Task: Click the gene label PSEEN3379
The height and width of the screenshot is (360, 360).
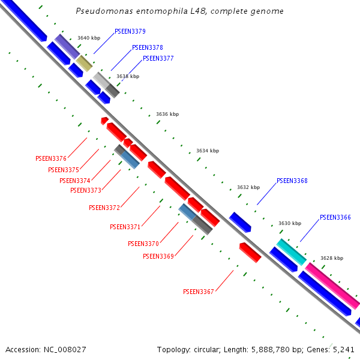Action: (130, 31)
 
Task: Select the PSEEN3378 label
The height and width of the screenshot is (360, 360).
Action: (147, 47)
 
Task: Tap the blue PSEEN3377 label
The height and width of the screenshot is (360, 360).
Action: (158, 58)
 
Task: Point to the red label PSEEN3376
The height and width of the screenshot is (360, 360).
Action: (51, 158)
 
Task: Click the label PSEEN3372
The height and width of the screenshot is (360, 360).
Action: (104, 208)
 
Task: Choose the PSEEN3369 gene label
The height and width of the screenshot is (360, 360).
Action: (158, 256)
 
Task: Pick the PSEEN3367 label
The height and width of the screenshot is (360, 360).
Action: (199, 292)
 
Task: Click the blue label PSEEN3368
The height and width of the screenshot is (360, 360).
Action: (292, 181)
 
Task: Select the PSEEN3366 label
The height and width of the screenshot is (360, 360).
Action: (335, 217)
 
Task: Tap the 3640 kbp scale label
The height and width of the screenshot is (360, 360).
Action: (89, 38)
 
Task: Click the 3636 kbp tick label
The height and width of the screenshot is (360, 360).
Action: (167, 114)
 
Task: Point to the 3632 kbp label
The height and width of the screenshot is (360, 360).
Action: (248, 187)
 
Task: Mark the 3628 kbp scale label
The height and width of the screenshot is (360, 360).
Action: (332, 258)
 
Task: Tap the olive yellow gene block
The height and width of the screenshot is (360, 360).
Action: (84, 63)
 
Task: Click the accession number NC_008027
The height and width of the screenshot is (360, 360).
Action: (64, 349)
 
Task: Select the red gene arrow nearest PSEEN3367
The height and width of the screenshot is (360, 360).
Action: (250, 253)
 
